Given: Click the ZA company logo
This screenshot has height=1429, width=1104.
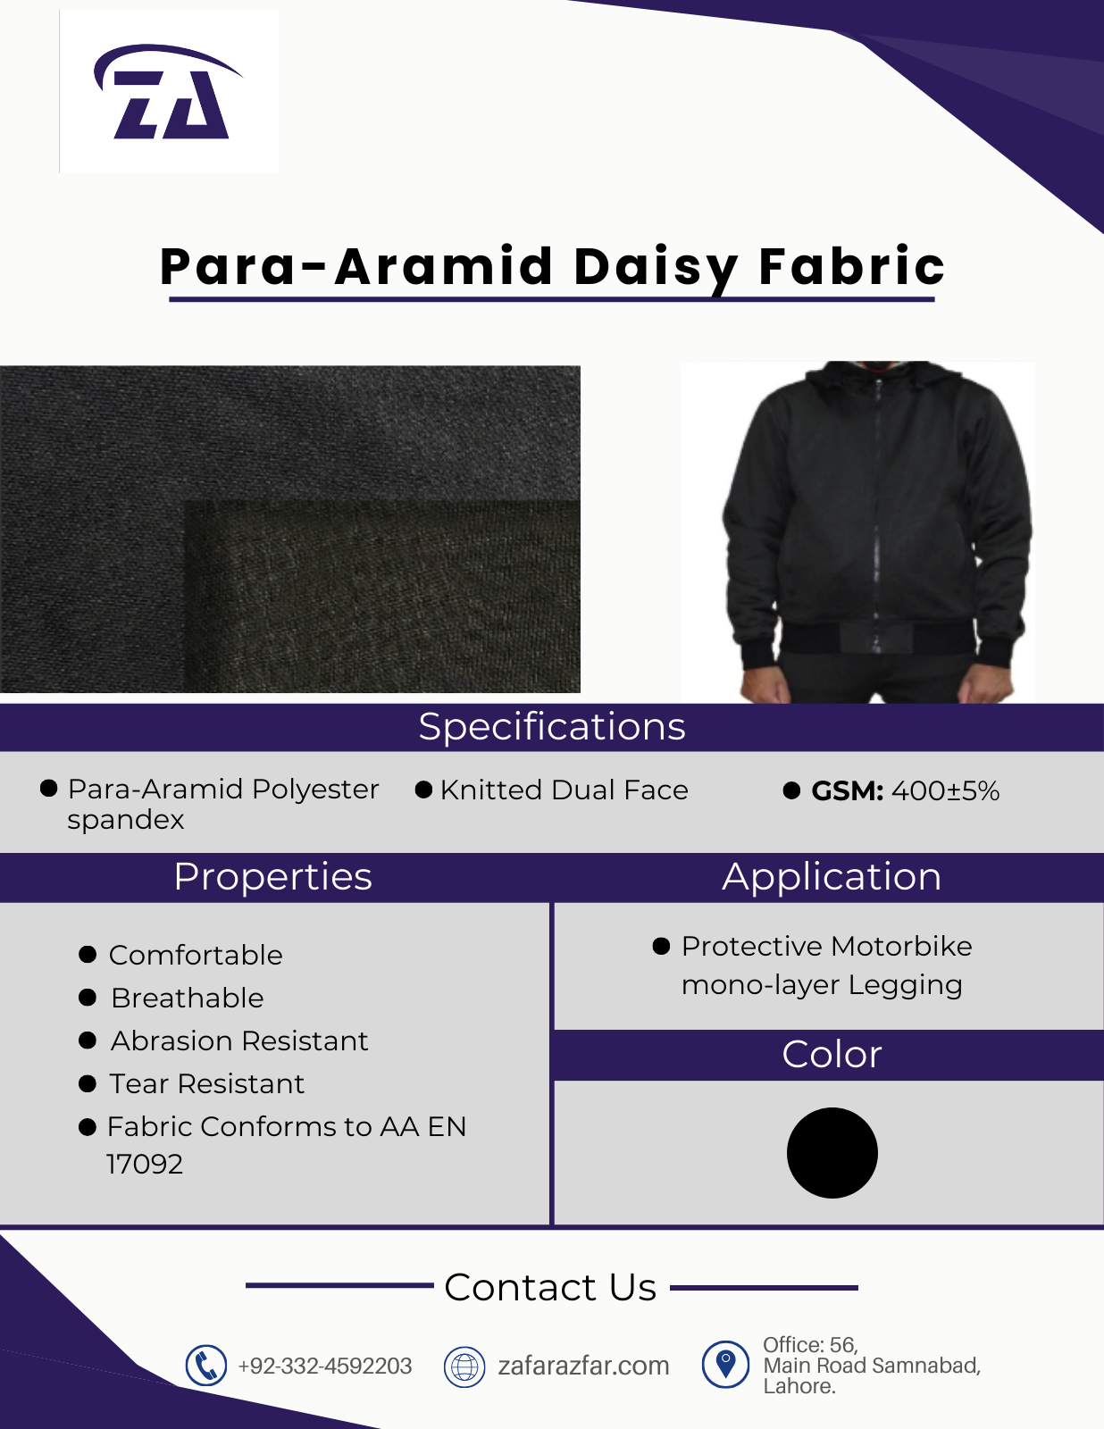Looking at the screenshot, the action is [168, 91].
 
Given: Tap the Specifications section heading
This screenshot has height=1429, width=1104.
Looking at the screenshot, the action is [552, 727].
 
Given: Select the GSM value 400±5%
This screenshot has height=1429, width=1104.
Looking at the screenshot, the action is [945, 790].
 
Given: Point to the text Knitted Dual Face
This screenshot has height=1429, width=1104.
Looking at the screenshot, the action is [565, 790].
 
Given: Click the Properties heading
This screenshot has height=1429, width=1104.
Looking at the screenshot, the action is [273, 877].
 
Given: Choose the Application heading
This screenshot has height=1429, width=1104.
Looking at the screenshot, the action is [832, 877].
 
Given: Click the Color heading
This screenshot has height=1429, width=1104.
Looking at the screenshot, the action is [832, 1055].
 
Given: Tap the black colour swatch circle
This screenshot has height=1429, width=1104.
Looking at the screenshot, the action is [832, 1153].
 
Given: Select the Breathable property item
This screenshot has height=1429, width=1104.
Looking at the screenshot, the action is [188, 998].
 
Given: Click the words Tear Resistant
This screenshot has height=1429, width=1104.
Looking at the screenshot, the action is [206, 1083].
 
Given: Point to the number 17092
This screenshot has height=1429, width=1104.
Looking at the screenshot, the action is [145, 1164].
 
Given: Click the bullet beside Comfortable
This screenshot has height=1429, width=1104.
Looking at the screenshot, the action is [88, 954].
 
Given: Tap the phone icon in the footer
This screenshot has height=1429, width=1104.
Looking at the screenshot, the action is [205, 1366].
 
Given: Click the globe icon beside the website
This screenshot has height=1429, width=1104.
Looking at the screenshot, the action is [464, 1366].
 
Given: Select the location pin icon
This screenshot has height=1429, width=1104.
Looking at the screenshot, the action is [725, 1365].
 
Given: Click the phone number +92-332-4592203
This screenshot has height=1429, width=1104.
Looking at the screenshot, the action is [325, 1366].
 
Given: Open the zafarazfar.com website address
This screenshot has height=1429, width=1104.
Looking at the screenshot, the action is [583, 1366].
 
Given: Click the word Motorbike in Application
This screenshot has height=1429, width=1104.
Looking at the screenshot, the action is [901, 947].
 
